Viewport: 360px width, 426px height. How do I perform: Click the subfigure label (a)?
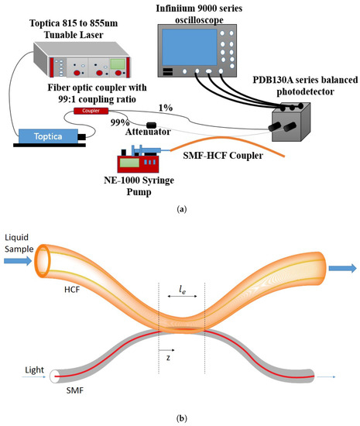point(180,208)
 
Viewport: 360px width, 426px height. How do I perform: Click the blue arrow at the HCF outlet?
point(341,269)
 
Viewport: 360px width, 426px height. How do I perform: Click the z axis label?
point(169,359)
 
